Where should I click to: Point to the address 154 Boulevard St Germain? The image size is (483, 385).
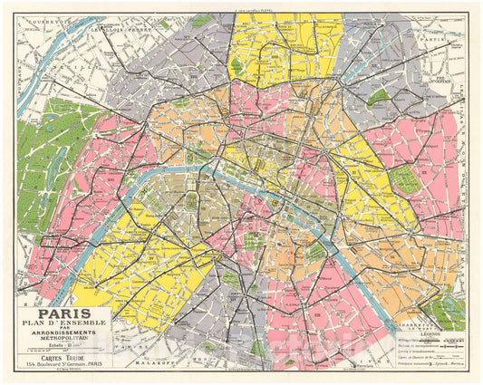click(x=62, y=364)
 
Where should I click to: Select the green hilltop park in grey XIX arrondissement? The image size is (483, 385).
click(x=378, y=98)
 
